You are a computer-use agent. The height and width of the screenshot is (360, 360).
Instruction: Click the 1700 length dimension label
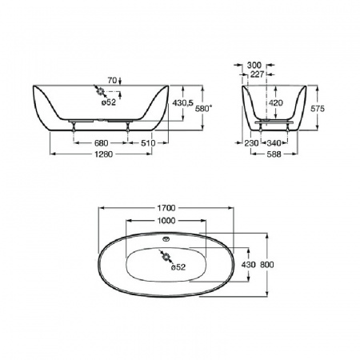pyautogui.click(x=166, y=208)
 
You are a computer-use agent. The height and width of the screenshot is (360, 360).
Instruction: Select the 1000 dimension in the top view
pyautogui.click(x=166, y=221)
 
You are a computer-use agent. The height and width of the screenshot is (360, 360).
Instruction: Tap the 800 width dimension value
pyautogui.click(x=267, y=265)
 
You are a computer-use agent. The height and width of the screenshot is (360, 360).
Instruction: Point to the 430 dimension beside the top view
pyautogui.click(x=248, y=265)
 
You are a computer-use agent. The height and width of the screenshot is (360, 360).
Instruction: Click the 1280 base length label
pyautogui.click(x=103, y=154)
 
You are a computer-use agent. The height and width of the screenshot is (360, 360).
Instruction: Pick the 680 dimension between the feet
pyautogui.click(x=102, y=143)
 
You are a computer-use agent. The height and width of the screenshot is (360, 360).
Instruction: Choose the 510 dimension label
pyautogui.click(x=148, y=143)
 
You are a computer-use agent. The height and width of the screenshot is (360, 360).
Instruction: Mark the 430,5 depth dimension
pyautogui.click(x=183, y=102)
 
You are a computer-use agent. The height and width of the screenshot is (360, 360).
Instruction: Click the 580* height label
pyautogui.click(x=204, y=109)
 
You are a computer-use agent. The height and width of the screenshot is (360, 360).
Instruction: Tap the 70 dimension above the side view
pyautogui.click(x=112, y=80)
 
